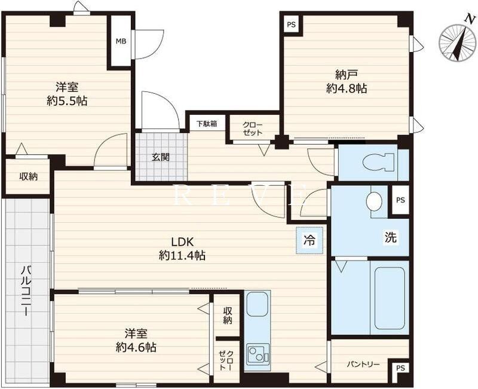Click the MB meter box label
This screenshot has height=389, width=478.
121,41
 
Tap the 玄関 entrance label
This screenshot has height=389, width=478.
161,157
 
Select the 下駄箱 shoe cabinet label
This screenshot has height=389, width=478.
206,124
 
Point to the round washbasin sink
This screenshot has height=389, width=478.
375,201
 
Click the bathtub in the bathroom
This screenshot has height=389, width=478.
390,298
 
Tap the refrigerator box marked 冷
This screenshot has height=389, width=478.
310,240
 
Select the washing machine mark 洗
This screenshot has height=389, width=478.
391,237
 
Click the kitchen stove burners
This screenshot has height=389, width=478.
258,354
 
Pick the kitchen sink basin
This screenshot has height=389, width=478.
258,304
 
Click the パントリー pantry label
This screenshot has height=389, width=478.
363,365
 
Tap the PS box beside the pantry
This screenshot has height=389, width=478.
400,368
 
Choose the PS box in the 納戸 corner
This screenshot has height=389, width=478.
291,24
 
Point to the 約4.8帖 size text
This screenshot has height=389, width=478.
347,88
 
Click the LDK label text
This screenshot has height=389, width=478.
183,242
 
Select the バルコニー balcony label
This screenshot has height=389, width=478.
26,290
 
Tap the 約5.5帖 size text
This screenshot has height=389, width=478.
67,100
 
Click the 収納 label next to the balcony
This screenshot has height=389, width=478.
28,176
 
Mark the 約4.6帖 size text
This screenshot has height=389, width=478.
136,347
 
